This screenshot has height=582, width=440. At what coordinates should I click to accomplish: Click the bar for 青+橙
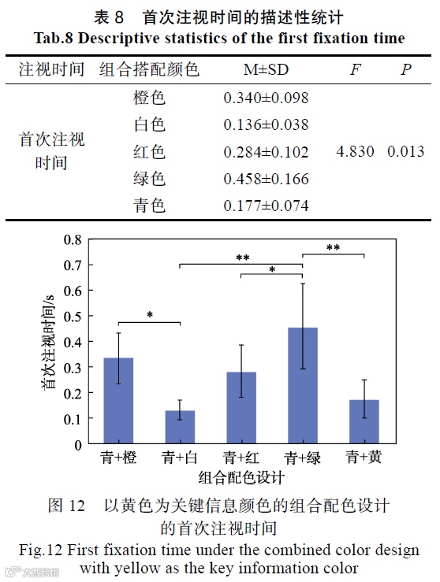point(118,401)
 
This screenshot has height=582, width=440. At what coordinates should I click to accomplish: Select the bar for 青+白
point(181,427)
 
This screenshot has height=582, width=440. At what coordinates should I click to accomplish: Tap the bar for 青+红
point(242,408)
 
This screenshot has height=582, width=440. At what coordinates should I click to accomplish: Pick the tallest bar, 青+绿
point(303,386)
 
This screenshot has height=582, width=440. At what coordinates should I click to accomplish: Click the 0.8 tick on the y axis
point(73,239)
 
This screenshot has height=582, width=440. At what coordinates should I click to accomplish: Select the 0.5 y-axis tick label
point(73,316)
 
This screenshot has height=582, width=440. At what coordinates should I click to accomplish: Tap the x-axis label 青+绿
point(303,458)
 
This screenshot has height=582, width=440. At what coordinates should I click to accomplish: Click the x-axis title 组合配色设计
point(241,477)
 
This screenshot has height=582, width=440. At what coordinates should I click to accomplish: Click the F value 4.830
point(355,152)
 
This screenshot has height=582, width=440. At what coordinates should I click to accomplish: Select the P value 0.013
point(405,152)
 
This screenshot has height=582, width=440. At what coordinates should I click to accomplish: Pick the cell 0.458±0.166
point(266,179)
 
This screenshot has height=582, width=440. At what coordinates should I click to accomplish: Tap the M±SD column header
point(266,70)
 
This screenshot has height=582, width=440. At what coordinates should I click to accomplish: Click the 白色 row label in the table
point(150,125)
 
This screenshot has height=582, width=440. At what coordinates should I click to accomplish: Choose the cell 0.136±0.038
point(266,125)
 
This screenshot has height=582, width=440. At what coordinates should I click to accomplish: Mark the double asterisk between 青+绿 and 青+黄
point(334,249)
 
